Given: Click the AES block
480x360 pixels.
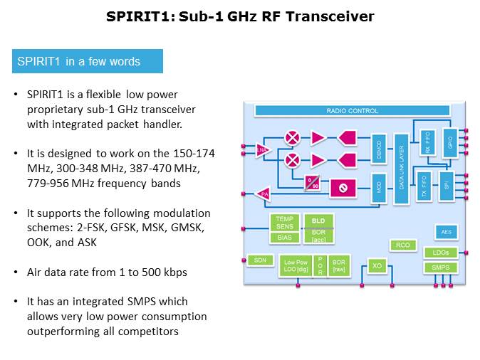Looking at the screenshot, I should point(446,232).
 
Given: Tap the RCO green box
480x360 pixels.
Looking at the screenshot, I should point(402,245).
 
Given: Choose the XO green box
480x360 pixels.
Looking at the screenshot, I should point(377,266).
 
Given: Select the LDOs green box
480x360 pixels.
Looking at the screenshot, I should point(440,253).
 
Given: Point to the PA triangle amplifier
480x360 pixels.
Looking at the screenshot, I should point(264,194).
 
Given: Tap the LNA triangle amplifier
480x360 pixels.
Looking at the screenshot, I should point(263,149).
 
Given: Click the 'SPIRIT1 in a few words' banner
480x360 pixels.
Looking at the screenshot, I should point(88,61).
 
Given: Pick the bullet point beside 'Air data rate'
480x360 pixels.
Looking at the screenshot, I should point(16,272).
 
